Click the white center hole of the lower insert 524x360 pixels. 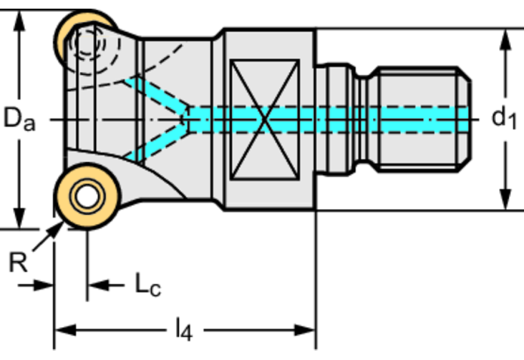click(x=82, y=196)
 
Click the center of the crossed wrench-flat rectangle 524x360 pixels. click(x=267, y=119)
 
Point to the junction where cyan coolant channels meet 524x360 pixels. click(x=190, y=119)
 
